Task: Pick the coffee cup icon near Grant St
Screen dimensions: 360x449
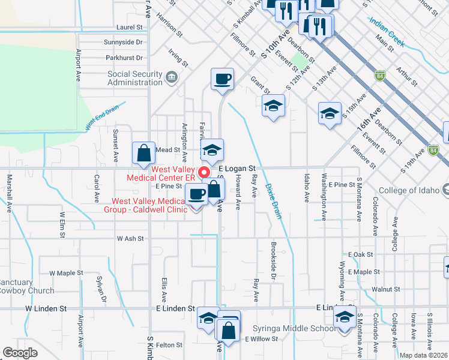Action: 222,79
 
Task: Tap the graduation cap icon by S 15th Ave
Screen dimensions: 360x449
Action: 330,114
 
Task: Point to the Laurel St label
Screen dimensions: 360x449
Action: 130,28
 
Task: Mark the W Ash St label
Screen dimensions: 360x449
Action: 130,238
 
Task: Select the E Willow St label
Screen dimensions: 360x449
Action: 261,339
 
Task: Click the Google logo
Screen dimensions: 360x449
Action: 20,353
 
